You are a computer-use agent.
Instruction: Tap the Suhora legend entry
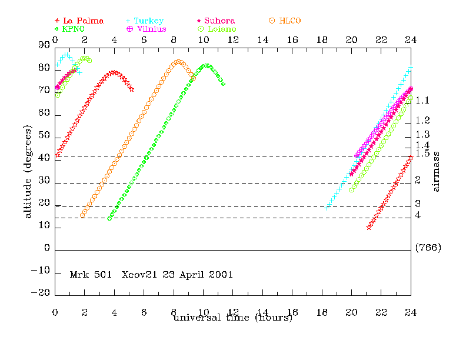tap(219, 21)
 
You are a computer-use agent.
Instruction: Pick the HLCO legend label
tap(290, 21)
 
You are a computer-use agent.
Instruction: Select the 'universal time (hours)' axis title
tap(232, 318)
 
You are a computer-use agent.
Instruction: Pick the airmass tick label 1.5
tap(422, 154)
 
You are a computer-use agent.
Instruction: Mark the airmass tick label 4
tap(417, 216)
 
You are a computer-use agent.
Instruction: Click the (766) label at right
tap(428, 248)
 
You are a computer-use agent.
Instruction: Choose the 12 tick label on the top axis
tap(233, 39)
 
